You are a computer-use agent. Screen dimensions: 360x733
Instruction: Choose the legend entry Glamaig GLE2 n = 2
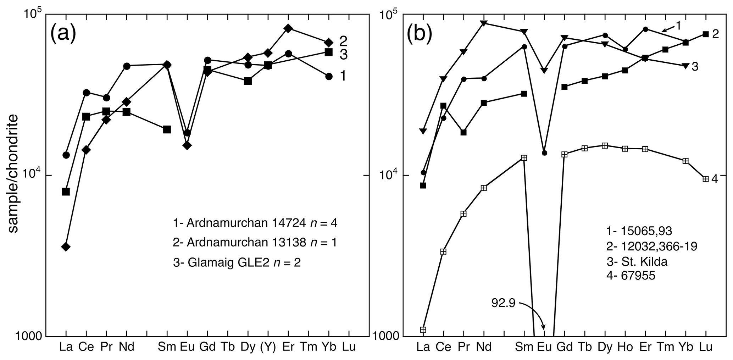237,263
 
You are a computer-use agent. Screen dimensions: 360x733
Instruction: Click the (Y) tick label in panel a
268,347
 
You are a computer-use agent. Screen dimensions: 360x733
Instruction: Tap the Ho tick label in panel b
625,347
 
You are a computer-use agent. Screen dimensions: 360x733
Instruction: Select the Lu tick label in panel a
349,347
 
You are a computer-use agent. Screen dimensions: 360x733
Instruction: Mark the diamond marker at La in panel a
66,247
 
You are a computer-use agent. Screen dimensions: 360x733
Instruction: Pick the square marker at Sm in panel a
167,129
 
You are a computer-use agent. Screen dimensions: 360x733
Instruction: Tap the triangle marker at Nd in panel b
484,23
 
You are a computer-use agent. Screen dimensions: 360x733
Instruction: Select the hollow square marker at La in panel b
423,329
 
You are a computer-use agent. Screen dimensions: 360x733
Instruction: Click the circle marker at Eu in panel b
544,153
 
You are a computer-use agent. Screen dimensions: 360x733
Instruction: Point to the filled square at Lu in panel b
705,34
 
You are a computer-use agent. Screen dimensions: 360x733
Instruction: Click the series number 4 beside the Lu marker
714,179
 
